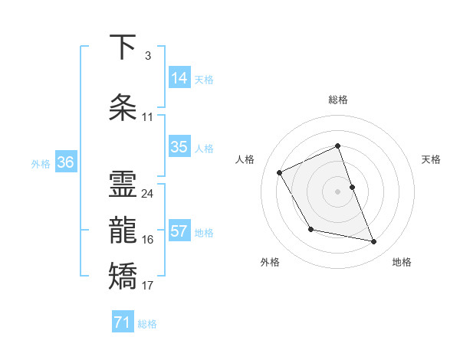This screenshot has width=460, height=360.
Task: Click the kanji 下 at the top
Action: coord(123,48)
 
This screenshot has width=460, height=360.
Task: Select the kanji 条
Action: coord(123,108)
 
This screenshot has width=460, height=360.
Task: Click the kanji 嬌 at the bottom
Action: coord(123,276)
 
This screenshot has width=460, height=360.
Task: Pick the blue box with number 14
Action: coord(179,78)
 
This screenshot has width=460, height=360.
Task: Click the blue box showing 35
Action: coord(179,147)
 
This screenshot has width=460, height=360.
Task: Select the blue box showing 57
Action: coord(179,231)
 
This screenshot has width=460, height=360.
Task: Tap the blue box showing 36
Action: coord(65,162)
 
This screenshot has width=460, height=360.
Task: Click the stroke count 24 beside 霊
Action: coord(147,194)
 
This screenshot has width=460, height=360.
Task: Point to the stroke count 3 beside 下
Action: coord(147,56)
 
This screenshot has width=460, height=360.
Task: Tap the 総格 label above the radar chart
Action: coord(338,100)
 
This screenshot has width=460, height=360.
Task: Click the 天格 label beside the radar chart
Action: coord(431,159)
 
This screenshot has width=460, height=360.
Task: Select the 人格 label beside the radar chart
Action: coord(245,159)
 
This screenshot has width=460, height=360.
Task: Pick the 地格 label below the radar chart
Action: coord(402,262)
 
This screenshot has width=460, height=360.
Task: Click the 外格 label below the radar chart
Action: coord(270,262)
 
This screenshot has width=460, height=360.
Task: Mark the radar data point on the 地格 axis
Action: coord(374,242)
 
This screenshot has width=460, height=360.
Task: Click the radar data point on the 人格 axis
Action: coord(280,172)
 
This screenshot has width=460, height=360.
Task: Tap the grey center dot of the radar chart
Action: coord(338,191)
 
